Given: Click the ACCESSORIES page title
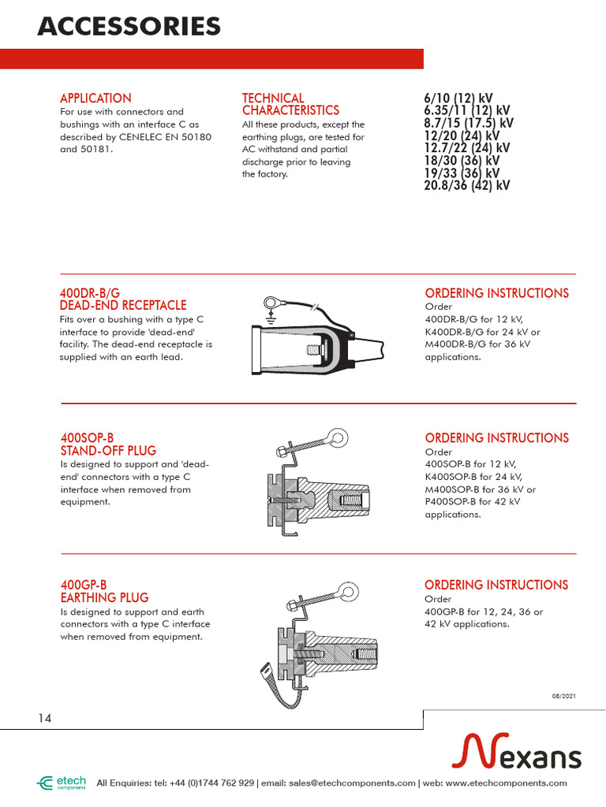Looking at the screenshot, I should pos(129,27).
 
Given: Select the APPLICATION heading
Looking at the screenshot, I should pos(95,99).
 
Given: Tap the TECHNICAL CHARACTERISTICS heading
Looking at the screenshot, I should pos(290,104).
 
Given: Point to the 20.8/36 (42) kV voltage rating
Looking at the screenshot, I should pos(466,185).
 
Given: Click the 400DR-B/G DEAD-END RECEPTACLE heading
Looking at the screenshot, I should pos(123,299).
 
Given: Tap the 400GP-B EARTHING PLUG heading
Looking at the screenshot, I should pos(104,591).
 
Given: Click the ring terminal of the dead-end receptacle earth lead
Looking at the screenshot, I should pos(271,299).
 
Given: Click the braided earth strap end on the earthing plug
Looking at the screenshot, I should pos(266,672).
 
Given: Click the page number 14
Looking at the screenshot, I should pos(45,718).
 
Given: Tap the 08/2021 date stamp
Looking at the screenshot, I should pos(563,694).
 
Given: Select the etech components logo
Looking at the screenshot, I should pos(62,783).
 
